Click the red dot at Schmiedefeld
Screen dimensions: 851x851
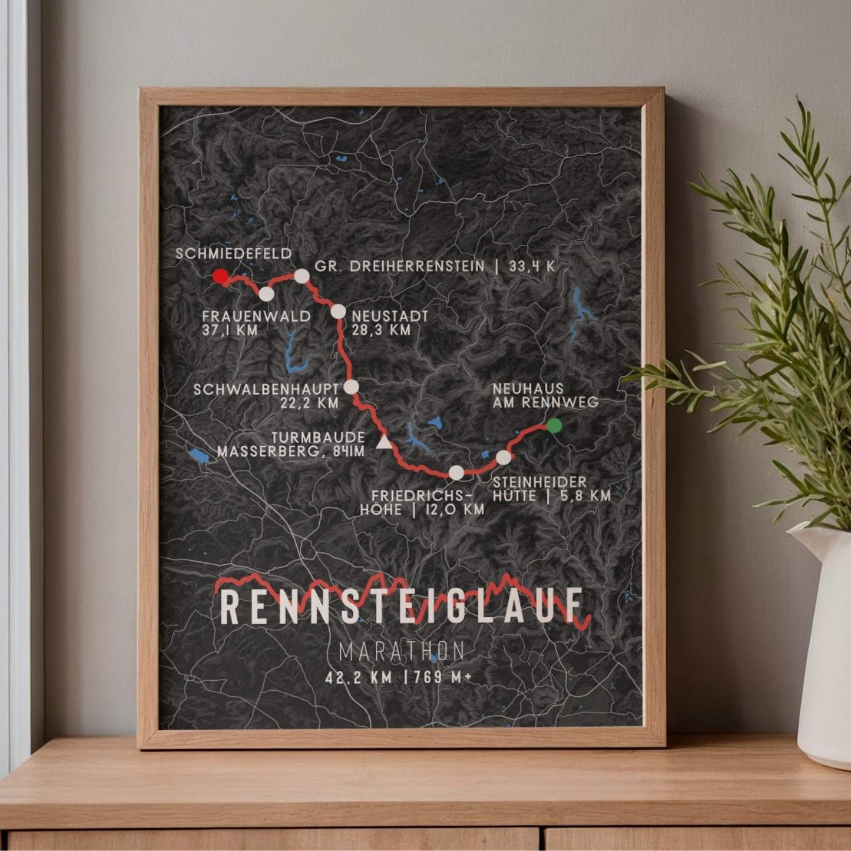click(220, 277)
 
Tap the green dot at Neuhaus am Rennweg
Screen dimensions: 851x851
click(553, 426)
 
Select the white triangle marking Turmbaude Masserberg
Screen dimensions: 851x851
click(384, 442)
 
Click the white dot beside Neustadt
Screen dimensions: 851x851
click(338, 311)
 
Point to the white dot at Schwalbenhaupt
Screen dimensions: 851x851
click(351, 387)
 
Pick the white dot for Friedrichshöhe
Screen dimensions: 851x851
click(456, 472)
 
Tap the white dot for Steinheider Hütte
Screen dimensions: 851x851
click(504, 458)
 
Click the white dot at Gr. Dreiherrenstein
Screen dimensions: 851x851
click(302, 276)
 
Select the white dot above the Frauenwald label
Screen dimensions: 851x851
click(267, 293)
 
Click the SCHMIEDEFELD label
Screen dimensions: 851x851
click(234, 254)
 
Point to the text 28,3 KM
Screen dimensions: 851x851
click(381, 330)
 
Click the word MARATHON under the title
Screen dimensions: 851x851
click(402, 652)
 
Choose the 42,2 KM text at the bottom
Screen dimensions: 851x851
click(359, 677)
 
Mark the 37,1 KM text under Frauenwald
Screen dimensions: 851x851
click(230, 330)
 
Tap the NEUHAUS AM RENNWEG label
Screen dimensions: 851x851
click(545, 395)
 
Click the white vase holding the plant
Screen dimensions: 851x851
click(824, 648)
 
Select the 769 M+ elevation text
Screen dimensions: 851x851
click(443, 677)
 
